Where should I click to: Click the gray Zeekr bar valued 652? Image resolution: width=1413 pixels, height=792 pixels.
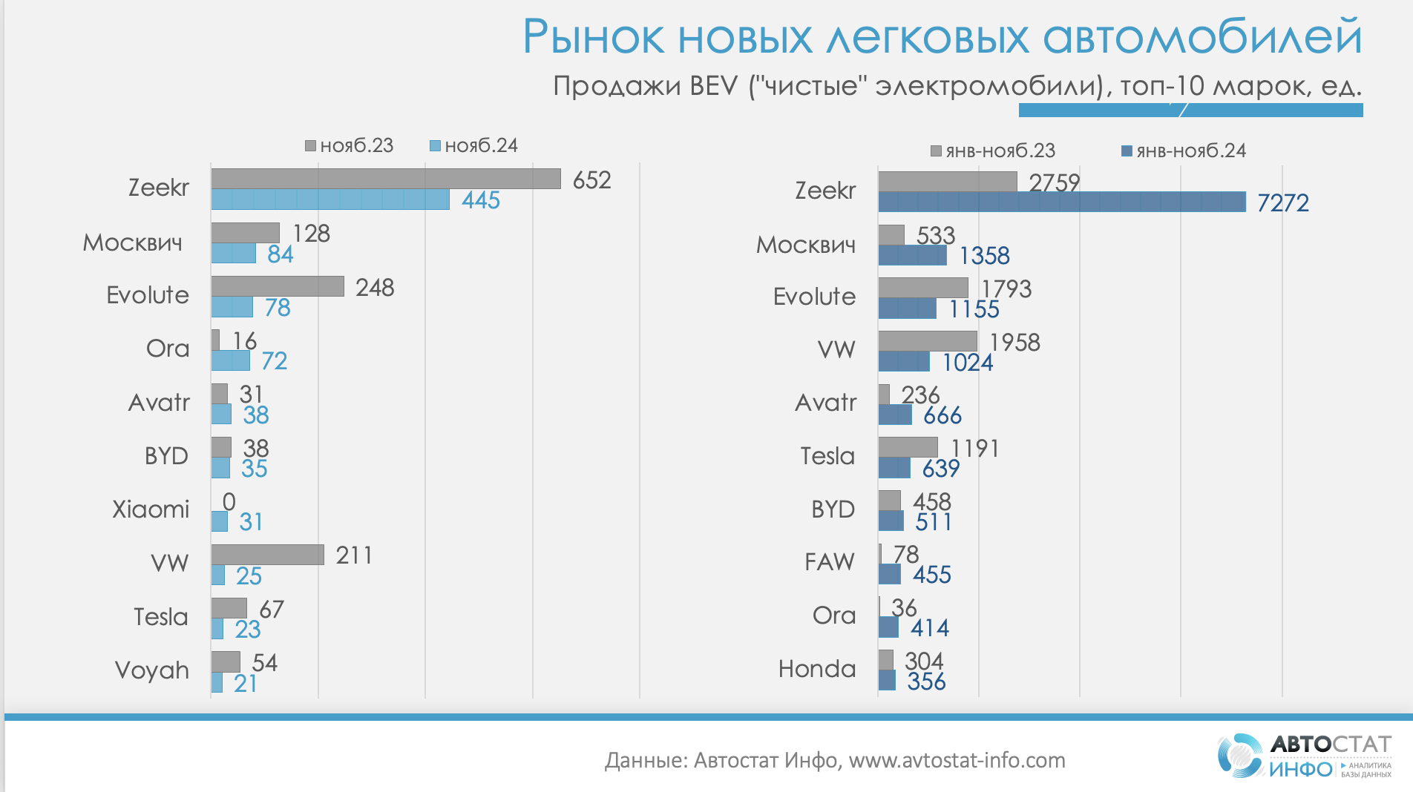(x=386, y=179)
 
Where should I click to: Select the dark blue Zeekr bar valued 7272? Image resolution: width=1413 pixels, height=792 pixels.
(x=1061, y=202)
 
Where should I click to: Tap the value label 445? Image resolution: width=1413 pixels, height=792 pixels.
(x=481, y=200)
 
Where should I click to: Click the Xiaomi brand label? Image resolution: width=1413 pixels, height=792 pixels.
(x=151, y=509)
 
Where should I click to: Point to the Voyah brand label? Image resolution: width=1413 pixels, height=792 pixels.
(x=152, y=670)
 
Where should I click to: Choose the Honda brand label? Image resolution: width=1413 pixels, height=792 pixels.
(x=817, y=669)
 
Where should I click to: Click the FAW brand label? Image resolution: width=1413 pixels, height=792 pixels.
(x=830, y=562)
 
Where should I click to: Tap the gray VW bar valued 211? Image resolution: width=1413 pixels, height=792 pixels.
(x=267, y=555)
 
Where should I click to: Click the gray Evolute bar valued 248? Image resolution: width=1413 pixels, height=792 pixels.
(x=278, y=286)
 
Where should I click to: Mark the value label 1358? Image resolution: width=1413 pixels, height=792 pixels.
(x=984, y=256)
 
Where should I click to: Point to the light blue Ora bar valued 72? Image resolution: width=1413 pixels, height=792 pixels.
(x=231, y=360)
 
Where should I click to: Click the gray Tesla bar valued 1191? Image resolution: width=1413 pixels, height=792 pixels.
(x=908, y=447)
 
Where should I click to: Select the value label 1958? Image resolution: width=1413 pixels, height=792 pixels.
(x=1014, y=343)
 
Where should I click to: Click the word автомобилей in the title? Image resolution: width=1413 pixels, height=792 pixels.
(x=1202, y=37)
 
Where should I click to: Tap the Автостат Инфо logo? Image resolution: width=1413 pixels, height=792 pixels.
(x=1304, y=756)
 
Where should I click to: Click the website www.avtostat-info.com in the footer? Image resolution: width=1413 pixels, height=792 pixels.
(x=957, y=760)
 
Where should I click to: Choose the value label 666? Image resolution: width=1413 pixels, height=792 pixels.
(x=942, y=415)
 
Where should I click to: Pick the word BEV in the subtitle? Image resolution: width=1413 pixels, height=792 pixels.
(x=713, y=86)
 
